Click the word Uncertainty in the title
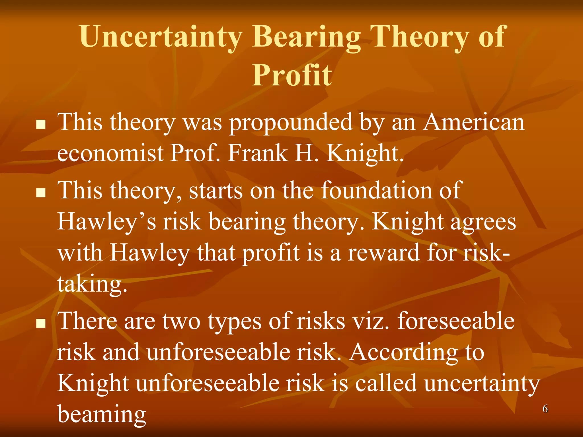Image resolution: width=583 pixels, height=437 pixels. point(161,37)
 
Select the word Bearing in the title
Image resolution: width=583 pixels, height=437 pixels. point(306,37)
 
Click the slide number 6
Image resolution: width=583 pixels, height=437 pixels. point(545,409)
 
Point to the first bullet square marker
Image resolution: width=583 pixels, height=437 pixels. point(41,124)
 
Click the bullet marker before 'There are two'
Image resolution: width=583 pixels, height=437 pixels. point(41,323)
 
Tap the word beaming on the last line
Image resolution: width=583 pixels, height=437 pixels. point(102,414)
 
